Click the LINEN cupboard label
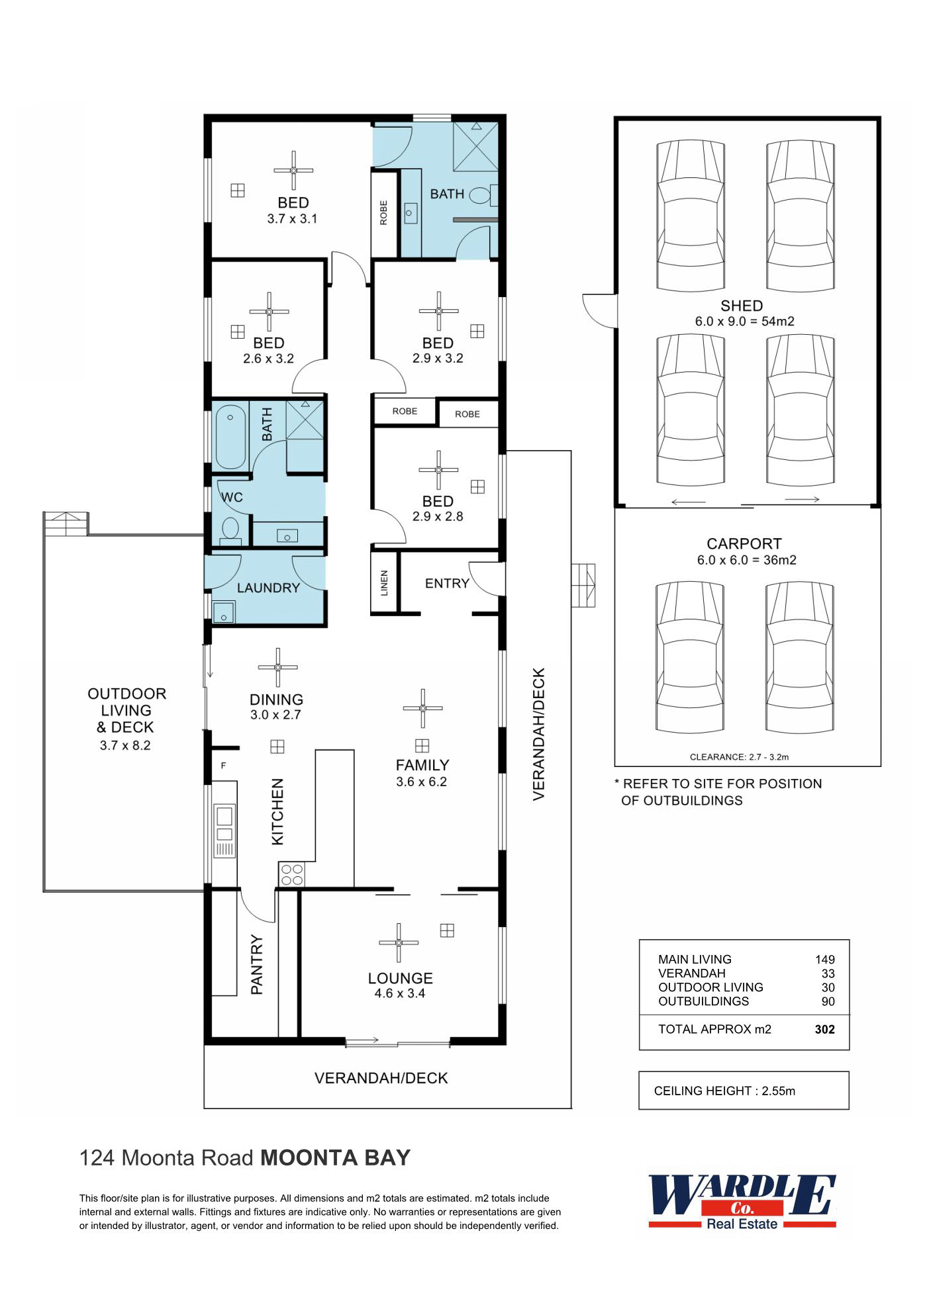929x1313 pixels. coord(385,583)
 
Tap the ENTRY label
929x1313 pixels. coord(447,583)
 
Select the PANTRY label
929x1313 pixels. coord(257,964)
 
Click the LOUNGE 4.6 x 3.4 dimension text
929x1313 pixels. coord(400,993)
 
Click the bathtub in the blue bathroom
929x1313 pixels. coord(230,436)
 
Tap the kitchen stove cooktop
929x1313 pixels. coord(291,874)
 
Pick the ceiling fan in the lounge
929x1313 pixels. coord(399,942)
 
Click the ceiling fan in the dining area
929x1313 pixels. coord(277,667)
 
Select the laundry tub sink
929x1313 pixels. coord(224,612)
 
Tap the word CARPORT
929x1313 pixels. coord(744,544)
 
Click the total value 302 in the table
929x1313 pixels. coord(825,1029)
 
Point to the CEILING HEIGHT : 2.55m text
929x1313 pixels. coord(724,1091)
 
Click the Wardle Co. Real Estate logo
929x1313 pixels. coord(742,1202)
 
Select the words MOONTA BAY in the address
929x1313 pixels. coord(336,1158)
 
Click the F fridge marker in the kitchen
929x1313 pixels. coord(224,766)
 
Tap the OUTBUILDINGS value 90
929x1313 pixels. coord(828,1001)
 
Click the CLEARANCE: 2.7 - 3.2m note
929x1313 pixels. coord(739,757)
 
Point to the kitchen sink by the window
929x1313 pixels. coord(224,821)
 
